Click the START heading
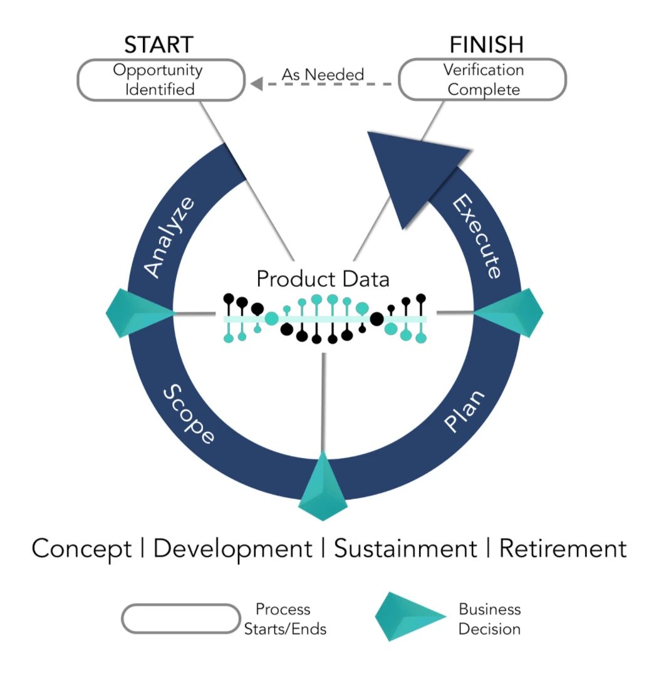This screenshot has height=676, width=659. (158, 45)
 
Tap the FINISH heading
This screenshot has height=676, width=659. (486, 45)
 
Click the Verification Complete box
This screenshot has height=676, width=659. (483, 79)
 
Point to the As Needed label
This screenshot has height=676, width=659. (322, 74)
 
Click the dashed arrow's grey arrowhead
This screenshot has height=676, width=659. (256, 83)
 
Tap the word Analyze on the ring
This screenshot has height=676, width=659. (170, 236)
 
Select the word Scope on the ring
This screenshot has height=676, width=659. (189, 414)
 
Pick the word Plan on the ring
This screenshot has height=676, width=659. (464, 411)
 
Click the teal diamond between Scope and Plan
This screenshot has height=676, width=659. (323, 487)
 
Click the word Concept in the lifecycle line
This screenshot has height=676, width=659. (82, 549)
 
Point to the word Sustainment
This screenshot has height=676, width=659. (405, 549)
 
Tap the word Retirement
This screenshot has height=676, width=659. (562, 549)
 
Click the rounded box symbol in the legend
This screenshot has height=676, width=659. (180, 618)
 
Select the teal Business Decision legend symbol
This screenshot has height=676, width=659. (410, 617)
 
